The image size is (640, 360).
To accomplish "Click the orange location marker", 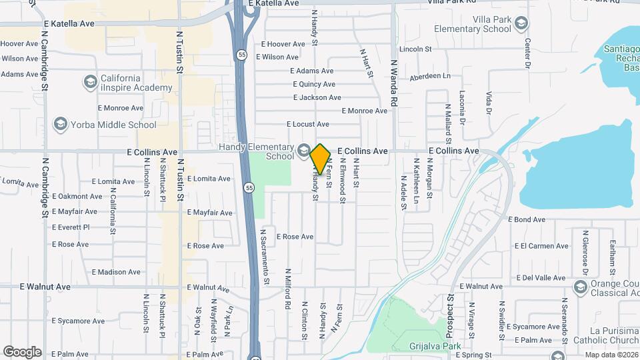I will pos(321,159).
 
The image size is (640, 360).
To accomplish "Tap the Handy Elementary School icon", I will pos(305,149).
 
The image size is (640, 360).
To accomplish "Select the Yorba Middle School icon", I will pos(61,124).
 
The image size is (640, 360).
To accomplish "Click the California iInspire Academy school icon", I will pos(90,82).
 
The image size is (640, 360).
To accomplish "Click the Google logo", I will pos(22,352).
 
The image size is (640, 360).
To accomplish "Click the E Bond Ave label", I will pos(527,219).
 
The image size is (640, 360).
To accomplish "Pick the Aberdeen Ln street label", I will pos(430,77).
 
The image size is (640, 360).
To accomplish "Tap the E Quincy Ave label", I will pos(314,84).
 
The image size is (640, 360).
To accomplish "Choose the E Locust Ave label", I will pos(308,124).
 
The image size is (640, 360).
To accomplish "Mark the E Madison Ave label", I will pos(116,272).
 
